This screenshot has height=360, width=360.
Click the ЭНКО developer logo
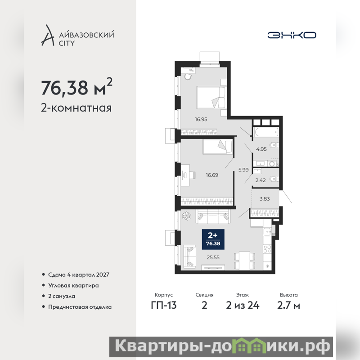point(292,35)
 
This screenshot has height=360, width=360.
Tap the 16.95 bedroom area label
point(201,119)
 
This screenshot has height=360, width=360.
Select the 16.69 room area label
point(212,175)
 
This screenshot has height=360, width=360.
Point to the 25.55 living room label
point(213,257)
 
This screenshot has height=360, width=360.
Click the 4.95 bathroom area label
point(261,149)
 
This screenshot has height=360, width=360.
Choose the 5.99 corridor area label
point(243,170)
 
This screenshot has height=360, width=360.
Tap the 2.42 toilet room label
point(261,180)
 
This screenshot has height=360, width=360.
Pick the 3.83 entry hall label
point(265,199)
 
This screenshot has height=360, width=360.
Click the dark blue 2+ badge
point(213,239)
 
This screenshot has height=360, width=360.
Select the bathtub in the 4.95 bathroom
point(266,132)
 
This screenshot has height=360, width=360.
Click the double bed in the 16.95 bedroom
point(211,97)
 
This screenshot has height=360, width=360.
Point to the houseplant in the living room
point(186,216)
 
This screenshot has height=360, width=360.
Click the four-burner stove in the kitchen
point(267,249)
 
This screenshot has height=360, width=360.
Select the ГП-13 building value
point(164,306)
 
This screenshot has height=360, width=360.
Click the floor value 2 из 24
point(243,306)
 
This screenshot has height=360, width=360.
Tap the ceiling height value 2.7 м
point(288,306)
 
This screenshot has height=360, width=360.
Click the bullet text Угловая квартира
point(73,285)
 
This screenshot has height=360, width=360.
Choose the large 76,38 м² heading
point(76,87)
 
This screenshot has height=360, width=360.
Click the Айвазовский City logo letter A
point(48,35)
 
